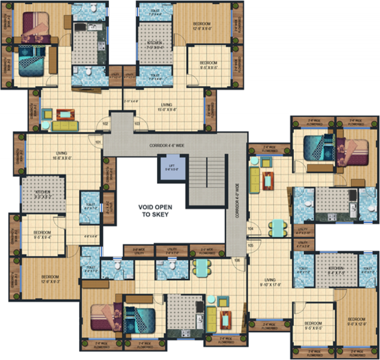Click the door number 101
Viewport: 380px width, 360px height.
[x=98, y=142]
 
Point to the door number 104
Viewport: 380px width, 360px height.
[x=251, y=228]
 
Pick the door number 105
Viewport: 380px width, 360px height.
[x=251, y=245]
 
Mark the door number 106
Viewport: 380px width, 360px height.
[x=237, y=259]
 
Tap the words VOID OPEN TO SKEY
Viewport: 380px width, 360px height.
[x=160, y=211]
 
